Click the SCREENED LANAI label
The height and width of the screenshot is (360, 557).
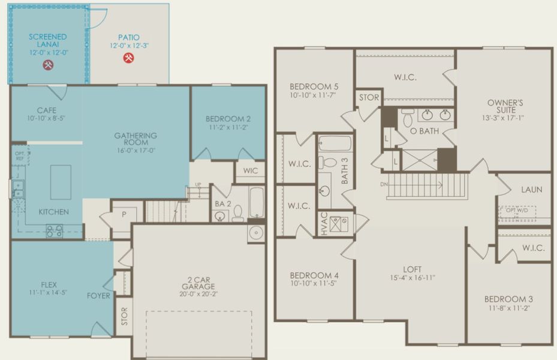click(x=47, y=41)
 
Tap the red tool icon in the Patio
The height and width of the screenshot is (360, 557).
click(x=128, y=58)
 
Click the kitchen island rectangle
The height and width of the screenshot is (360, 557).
click(x=61, y=182)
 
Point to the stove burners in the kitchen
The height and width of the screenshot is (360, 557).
click(x=55, y=230)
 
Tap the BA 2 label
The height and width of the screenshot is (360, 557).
click(x=219, y=204)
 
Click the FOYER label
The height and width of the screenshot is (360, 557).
click(x=98, y=295)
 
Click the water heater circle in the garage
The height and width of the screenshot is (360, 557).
click(x=256, y=234)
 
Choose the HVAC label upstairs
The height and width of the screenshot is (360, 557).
click(x=324, y=223)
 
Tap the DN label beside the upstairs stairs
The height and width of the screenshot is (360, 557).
click(x=384, y=184)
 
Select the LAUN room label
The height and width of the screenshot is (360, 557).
click(x=531, y=190)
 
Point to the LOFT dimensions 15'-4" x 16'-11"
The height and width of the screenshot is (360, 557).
click(x=412, y=278)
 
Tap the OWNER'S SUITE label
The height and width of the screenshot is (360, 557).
click(x=505, y=106)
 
